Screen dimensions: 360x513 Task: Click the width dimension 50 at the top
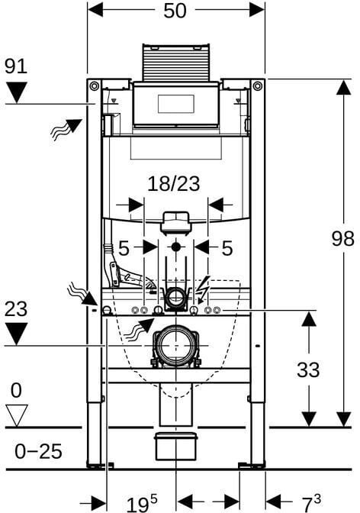click(175, 11)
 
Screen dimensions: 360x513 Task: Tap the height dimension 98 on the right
click(343, 238)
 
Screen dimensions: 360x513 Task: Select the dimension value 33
click(308, 369)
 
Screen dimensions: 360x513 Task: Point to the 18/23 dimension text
click(174, 183)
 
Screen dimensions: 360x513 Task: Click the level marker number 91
click(16, 66)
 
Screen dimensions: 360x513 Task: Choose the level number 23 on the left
click(16, 309)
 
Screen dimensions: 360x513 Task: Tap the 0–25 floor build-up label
click(38, 452)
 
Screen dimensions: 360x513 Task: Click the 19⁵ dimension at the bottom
click(142, 504)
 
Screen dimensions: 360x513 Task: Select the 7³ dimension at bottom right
click(310, 503)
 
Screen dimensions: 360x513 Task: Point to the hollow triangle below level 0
click(17, 415)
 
